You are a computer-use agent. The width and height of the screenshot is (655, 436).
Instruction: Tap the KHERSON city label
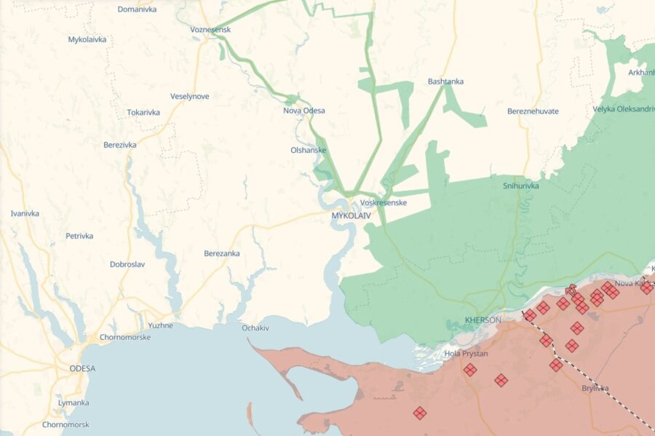click(483, 320)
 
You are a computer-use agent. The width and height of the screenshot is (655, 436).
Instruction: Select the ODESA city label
click(82, 368)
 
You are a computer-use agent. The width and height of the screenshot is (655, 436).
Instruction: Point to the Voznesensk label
click(210, 29)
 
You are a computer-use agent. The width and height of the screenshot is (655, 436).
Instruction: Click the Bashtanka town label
click(445, 82)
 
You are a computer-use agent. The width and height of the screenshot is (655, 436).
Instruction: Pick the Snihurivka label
click(520, 186)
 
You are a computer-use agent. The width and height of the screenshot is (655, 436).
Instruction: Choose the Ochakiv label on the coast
click(255, 328)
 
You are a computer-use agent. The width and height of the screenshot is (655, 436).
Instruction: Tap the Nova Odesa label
click(304, 111)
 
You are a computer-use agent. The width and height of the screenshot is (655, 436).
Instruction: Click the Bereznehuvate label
click(533, 111)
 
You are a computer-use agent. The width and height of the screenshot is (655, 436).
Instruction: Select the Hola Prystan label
click(466, 354)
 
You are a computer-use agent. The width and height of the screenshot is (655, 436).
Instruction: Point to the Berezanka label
click(222, 253)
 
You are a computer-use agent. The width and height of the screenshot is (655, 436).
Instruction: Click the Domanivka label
click(137, 9)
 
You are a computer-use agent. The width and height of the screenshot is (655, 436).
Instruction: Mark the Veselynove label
click(189, 96)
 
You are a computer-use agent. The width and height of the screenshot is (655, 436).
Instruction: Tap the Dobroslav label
click(130, 264)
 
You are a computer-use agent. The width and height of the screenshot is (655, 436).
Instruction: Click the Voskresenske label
click(384, 202)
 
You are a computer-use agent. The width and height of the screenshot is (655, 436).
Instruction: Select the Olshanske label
click(308, 151)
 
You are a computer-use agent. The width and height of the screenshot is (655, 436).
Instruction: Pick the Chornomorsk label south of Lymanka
click(66, 424)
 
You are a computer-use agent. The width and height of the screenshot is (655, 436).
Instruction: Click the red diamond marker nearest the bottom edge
click(420, 413)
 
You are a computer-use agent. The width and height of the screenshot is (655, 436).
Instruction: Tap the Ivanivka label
click(25, 213)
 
